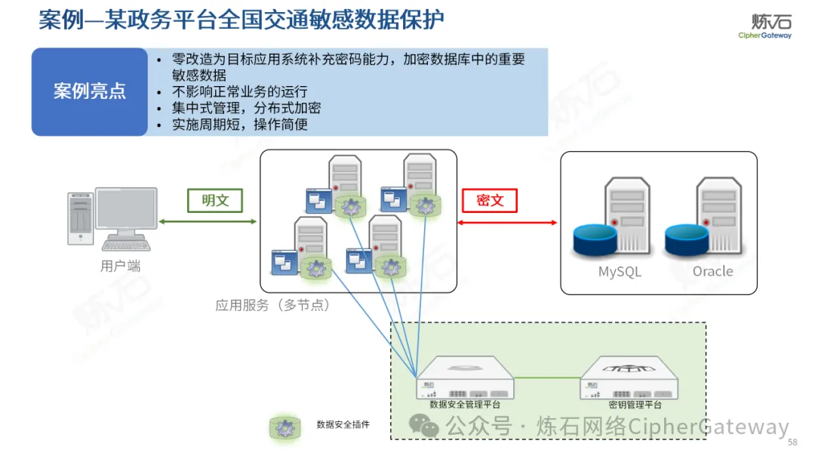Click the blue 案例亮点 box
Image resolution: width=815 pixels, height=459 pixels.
point(89,92)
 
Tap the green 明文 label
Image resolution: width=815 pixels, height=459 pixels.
point(215,200)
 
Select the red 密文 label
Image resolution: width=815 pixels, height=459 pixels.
point(490,200)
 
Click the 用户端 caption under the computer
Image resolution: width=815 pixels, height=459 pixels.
point(120,266)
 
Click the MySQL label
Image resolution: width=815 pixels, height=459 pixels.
point(620,272)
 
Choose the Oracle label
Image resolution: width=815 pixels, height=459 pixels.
point(712,272)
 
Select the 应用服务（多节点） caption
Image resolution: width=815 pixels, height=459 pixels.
point(272,306)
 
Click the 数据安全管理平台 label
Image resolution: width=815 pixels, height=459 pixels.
point(464,405)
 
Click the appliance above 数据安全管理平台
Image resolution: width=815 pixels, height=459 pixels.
point(465,377)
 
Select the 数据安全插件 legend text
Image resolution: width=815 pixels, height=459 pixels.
point(343,425)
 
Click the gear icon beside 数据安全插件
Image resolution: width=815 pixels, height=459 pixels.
point(285,428)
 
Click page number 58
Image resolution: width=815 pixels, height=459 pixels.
point(792,442)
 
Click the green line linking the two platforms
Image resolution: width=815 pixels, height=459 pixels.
point(547,378)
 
